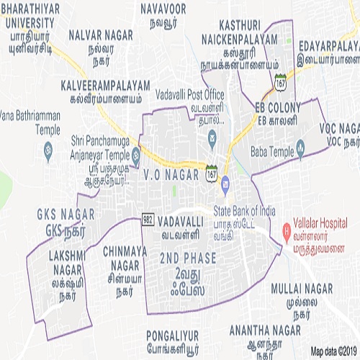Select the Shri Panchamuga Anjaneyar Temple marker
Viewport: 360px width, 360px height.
135,153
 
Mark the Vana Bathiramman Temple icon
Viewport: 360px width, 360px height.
48,152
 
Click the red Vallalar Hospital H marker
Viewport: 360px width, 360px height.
286,233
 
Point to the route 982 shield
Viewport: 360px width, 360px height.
148,217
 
